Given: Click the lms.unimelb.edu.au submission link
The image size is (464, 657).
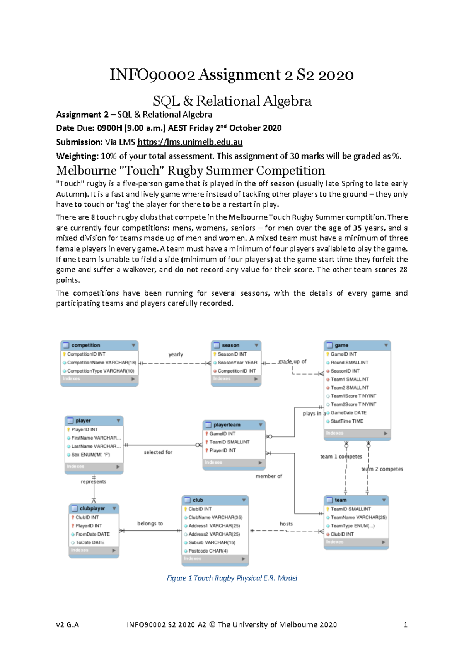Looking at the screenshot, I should (190, 142).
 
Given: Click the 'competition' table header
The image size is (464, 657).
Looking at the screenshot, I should (86, 345).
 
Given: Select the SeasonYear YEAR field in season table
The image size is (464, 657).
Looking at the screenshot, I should (237, 363).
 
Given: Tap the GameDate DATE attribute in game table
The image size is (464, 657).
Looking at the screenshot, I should (348, 413).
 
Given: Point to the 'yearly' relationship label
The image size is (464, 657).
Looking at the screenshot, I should (176, 354).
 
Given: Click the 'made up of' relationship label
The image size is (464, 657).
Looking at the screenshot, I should (292, 361).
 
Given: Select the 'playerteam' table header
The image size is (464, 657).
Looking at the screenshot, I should (227, 425).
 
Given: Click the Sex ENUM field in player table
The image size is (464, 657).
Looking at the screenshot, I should (90, 455).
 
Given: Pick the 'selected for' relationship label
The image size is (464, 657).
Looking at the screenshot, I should (158, 452).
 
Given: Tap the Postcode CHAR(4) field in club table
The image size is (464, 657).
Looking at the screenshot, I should (208, 551).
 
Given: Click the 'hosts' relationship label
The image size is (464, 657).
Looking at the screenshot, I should (286, 524).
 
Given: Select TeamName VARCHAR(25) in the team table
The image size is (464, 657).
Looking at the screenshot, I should (358, 517).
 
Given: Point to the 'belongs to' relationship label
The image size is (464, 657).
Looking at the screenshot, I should (150, 523).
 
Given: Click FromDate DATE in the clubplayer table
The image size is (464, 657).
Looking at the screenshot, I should (92, 534).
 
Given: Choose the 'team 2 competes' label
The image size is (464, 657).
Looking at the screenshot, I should (382, 469).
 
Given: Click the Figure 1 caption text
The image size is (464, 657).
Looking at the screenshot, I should (232, 578).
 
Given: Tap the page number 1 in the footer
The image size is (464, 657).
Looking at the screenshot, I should (405, 624).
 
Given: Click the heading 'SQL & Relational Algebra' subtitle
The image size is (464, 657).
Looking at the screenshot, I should (232, 101).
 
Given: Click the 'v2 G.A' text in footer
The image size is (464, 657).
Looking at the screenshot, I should (67, 624).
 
